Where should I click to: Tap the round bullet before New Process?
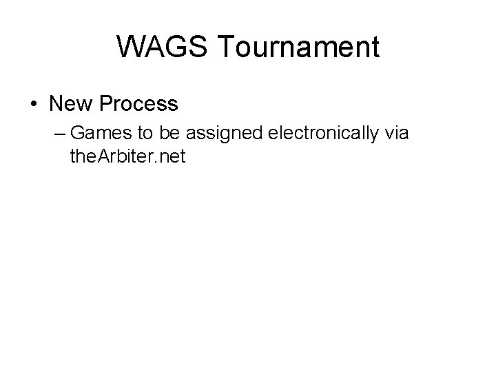click(34, 105)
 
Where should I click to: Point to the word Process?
click(138, 105)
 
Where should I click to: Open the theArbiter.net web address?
click(127, 156)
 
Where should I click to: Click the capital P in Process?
click(106, 105)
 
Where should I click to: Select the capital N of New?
click(57, 105)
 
